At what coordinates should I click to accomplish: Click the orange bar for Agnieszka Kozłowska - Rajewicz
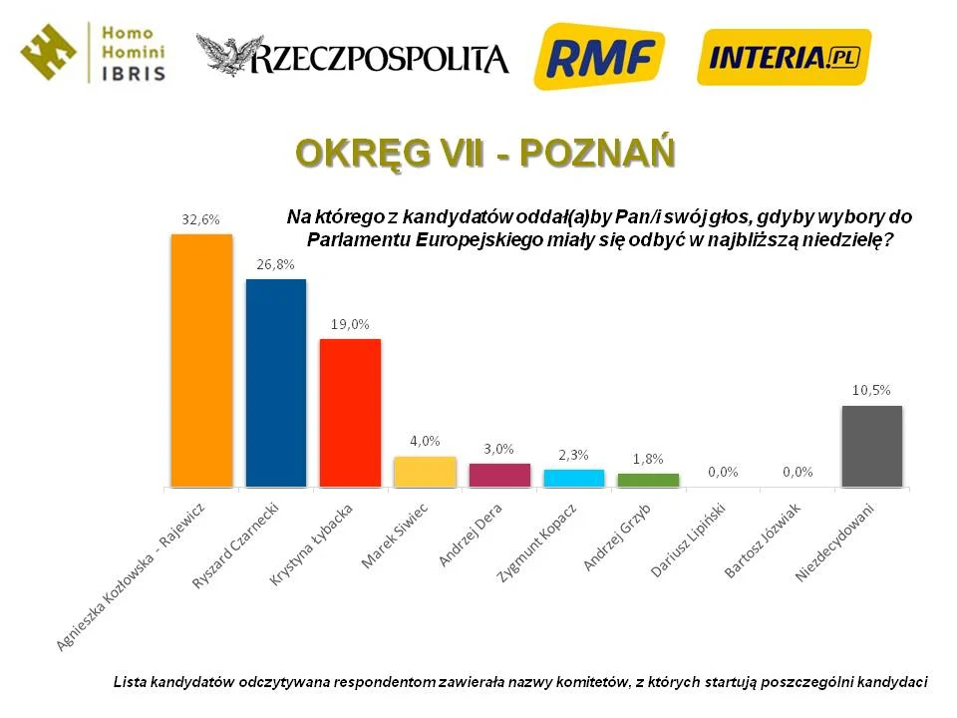(x=201, y=360)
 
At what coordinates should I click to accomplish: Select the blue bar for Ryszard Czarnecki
(x=276, y=383)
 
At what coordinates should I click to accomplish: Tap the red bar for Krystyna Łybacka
(x=350, y=413)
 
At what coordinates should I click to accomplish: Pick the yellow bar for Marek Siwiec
(x=425, y=472)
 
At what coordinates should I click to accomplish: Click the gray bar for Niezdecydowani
(x=872, y=446)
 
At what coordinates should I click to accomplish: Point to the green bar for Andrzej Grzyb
(x=648, y=480)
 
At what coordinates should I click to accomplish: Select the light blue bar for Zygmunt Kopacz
(x=573, y=478)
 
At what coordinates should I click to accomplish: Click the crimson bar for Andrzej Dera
(x=499, y=475)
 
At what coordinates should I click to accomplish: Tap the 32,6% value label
(x=200, y=219)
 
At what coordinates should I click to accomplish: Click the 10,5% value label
(x=871, y=390)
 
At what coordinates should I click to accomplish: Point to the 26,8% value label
(x=275, y=264)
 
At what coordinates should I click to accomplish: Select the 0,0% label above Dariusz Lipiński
(x=722, y=472)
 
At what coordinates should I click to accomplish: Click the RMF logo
(x=599, y=56)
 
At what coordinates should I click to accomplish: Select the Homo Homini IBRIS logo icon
(x=49, y=51)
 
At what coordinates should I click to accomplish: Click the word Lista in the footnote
(x=130, y=682)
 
